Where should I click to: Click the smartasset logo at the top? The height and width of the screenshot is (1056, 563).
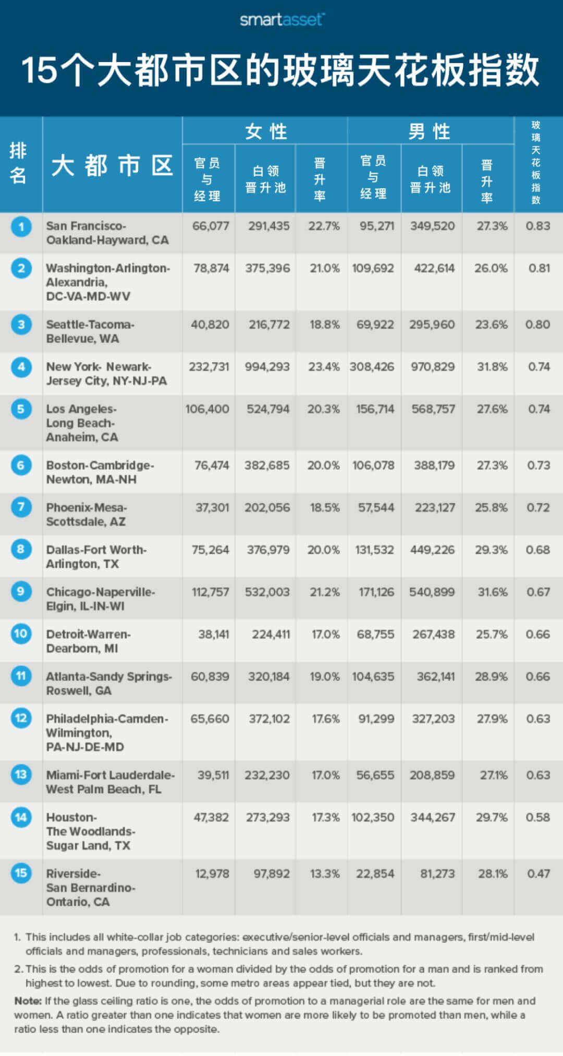[281, 20]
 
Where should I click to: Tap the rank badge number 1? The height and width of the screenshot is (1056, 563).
[21, 227]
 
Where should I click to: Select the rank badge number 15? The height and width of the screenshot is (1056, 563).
[21, 873]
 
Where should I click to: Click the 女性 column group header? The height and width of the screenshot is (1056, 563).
[265, 131]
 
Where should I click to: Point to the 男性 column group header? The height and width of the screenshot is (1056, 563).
[430, 131]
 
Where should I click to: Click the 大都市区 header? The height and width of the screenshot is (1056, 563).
[112, 166]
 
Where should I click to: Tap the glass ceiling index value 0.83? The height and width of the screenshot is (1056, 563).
[538, 226]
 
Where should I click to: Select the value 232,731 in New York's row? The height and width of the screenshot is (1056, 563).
[209, 367]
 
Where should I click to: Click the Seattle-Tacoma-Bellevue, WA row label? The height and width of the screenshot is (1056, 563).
[90, 331]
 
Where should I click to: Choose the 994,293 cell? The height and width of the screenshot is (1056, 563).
[267, 367]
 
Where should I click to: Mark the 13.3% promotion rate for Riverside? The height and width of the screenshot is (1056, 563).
[325, 873]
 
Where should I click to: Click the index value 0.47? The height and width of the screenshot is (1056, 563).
[538, 873]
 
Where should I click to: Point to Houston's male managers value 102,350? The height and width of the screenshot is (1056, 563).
[373, 817]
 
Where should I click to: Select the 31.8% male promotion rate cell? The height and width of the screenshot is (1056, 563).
[492, 367]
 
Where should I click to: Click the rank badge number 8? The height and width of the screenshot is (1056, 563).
[21, 549]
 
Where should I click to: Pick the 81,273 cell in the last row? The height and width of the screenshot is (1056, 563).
[437, 873]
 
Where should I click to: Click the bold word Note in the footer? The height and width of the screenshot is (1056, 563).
[28, 1001]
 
